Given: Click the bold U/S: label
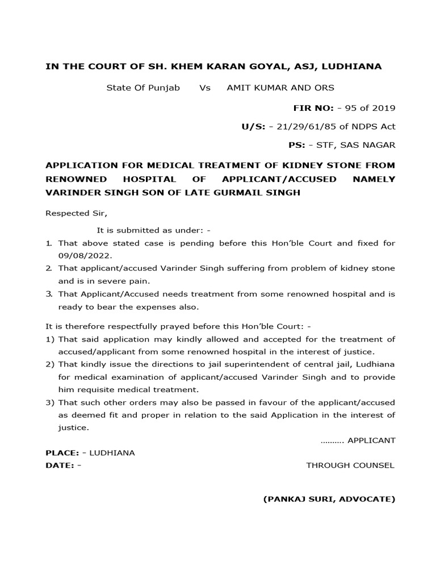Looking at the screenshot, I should pos(254,127).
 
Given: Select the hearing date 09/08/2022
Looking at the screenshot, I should pos(85,256).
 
